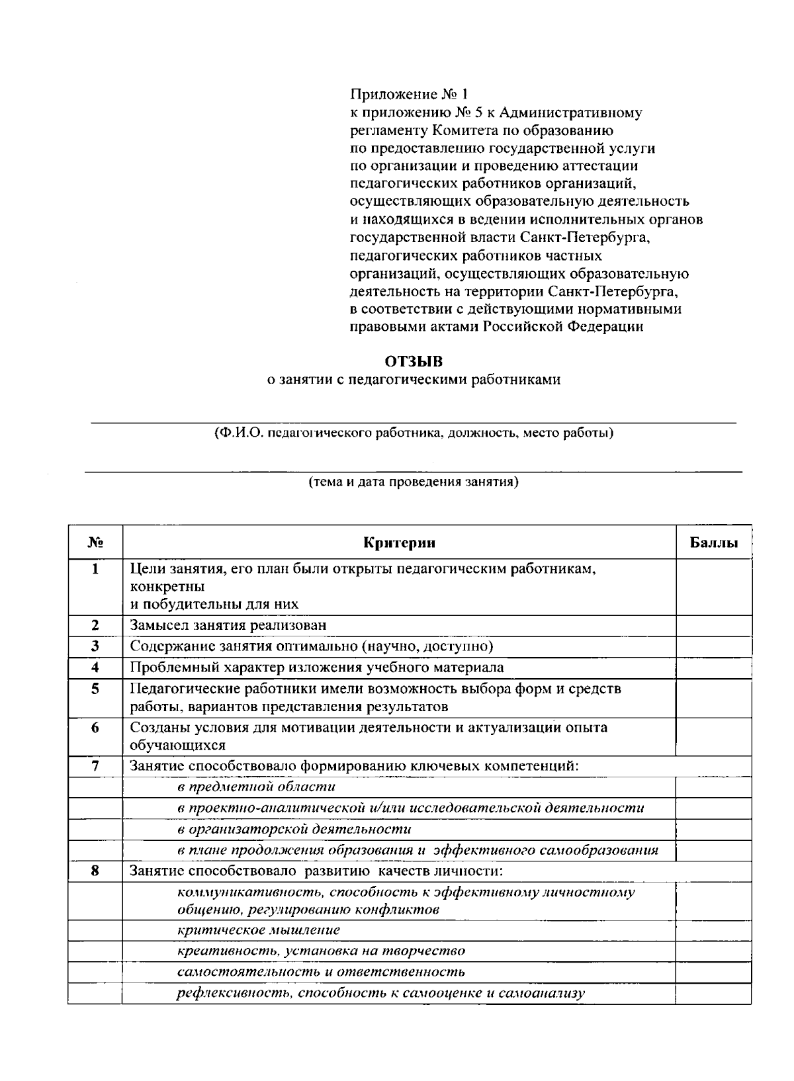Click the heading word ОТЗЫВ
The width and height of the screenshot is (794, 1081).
(x=414, y=361)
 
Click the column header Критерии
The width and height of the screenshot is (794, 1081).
(x=399, y=543)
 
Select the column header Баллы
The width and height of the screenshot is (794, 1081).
(x=714, y=543)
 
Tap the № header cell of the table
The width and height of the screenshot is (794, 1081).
(x=95, y=543)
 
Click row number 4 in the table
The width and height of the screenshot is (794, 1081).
(x=95, y=667)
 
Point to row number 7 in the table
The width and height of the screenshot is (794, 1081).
(x=95, y=766)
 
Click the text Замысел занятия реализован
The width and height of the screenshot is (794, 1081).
(x=228, y=625)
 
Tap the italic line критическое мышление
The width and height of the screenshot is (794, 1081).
(x=259, y=930)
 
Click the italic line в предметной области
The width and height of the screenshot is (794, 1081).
(x=256, y=787)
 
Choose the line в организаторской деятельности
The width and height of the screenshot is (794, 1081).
(x=294, y=829)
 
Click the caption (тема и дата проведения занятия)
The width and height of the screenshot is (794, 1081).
(x=414, y=482)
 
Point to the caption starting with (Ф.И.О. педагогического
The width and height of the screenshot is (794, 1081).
(x=414, y=433)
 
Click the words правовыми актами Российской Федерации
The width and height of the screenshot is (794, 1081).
(x=496, y=326)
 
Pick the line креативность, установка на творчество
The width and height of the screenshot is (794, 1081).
(x=321, y=951)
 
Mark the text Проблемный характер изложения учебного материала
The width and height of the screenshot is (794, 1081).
(x=316, y=667)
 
